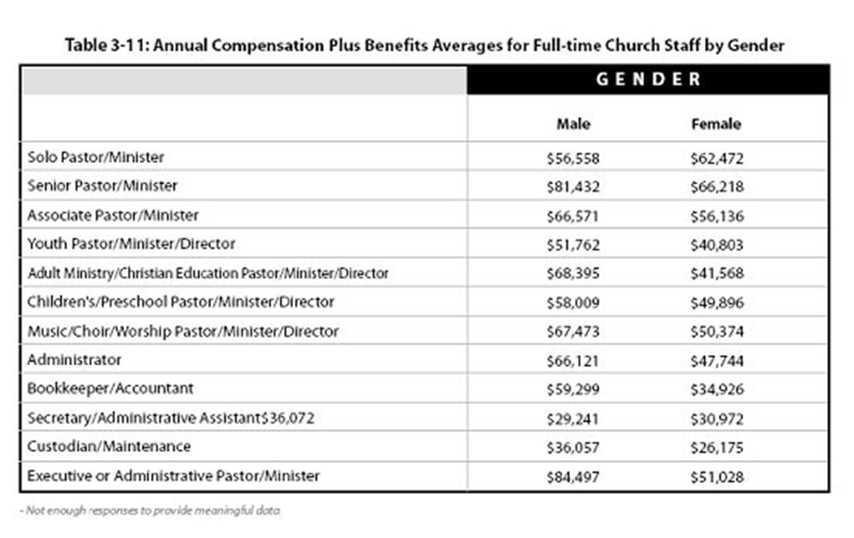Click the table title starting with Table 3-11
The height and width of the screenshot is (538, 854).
coord(425,45)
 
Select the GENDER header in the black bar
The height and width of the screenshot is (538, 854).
coord(648,79)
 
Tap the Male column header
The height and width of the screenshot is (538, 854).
coord(573,124)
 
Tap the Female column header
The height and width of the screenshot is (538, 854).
coord(716,124)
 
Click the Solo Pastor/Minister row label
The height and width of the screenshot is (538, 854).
coord(96,157)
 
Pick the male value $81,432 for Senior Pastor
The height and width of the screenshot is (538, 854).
coord(572,186)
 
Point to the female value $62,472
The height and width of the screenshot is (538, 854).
coord(716,158)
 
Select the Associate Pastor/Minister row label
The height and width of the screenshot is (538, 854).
coord(113,215)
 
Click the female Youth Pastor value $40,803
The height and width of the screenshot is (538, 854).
coord(716,244)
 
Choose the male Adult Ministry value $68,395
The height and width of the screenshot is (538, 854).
coord(572,274)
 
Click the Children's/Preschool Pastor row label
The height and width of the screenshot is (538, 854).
coord(181,301)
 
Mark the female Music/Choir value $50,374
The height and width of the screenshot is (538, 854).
coord(716,332)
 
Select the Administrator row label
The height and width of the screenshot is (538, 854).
coord(74,360)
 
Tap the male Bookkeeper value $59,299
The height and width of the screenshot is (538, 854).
coord(572,389)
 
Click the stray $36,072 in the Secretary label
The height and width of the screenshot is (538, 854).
coord(287,418)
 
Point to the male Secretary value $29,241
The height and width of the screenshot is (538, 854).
coord(572,418)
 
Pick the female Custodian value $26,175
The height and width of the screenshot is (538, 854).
coord(716,447)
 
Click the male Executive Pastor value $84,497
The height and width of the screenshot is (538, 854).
coord(572,476)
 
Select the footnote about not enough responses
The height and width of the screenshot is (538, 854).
coord(150,510)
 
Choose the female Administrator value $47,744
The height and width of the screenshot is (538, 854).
coord(716,360)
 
